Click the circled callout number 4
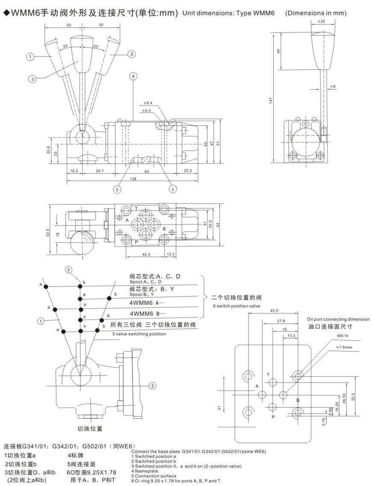pos(133,76)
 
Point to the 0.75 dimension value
pos(325,422)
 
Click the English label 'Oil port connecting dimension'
pos(338,319)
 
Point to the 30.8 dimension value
pos(49,151)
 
